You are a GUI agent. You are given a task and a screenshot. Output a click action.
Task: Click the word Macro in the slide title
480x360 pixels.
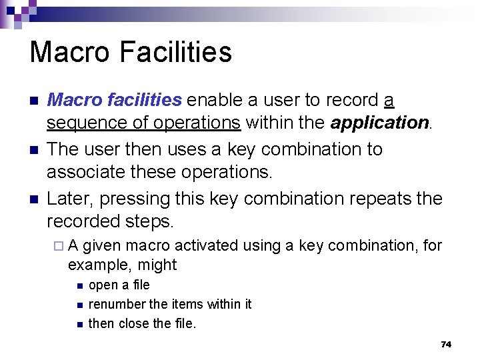(x=65, y=52)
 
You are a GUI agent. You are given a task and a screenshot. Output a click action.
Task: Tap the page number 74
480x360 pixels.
(x=446, y=344)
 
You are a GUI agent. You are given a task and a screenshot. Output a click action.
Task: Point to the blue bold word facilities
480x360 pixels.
(x=143, y=100)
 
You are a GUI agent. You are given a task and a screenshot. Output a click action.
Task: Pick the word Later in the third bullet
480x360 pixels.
(x=65, y=199)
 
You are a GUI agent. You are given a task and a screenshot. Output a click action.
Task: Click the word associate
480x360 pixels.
(x=89, y=173)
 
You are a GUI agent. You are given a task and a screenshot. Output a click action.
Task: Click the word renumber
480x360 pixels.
(x=117, y=305)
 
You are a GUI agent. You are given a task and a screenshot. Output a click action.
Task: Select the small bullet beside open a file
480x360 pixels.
(x=79, y=286)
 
